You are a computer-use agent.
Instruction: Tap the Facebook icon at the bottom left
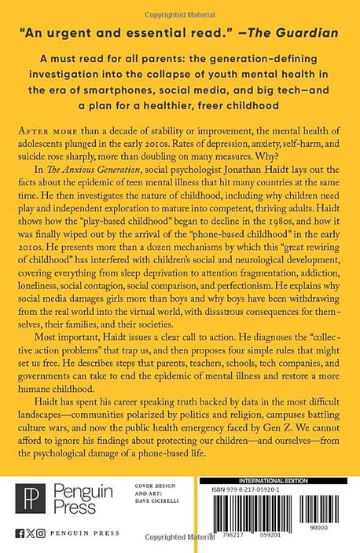18,540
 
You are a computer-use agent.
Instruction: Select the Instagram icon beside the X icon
41,540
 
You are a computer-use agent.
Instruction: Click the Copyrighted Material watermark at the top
179,5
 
